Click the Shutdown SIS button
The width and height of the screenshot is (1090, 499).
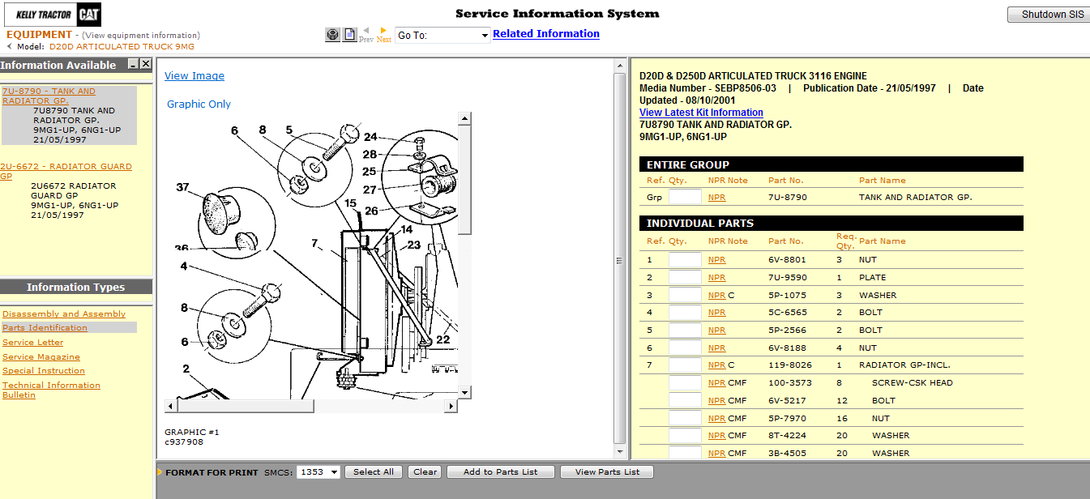tap(1047, 15)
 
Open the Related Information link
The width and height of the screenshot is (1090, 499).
tap(545, 34)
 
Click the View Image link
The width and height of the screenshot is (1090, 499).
tap(194, 76)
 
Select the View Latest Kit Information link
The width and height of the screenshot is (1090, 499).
tap(701, 113)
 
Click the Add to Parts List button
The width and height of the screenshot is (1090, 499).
tap(500, 472)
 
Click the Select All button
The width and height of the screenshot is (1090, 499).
tap(374, 472)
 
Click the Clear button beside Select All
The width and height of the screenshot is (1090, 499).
tap(425, 472)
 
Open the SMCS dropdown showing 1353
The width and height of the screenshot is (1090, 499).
tap(318, 472)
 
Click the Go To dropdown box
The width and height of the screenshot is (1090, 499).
tap(442, 36)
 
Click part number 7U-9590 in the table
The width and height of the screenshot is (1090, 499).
tap(787, 278)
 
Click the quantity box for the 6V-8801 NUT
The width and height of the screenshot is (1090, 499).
tap(684, 260)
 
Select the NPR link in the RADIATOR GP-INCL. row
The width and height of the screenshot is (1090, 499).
tap(716, 365)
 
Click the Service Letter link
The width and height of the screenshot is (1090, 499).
tap(32, 343)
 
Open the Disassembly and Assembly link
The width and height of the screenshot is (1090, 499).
tap(64, 314)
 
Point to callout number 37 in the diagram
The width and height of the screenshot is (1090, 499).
tap(182, 188)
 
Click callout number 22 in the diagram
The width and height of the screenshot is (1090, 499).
tap(442, 339)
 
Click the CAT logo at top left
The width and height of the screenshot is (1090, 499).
tap(89, 15)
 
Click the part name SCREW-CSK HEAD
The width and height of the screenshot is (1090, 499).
tap(912, 383)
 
